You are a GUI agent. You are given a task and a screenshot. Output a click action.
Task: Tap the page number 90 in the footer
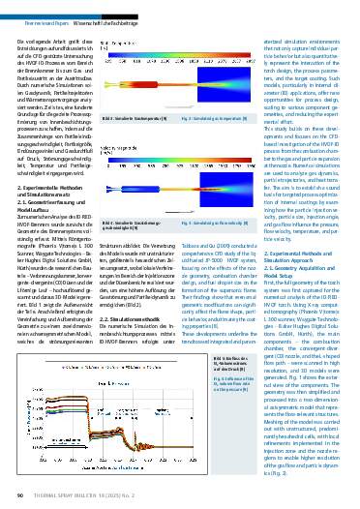(x=19, y=496)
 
